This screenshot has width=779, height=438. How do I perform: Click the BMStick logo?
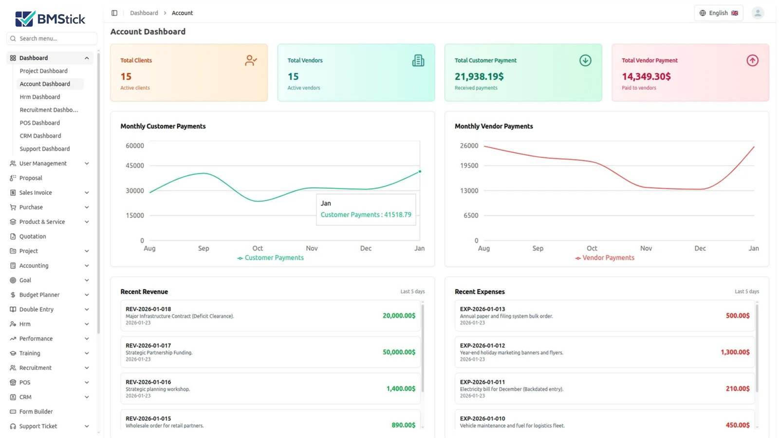50,19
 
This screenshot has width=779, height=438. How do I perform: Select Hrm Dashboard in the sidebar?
40,97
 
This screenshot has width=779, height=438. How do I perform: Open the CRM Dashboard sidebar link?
40,136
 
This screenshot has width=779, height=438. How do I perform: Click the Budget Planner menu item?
39,295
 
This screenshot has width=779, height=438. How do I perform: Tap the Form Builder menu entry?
36,412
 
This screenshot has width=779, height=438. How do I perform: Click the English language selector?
718,13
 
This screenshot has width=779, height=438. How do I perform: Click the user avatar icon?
757,13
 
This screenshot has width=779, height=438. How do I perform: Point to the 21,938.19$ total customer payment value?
479,76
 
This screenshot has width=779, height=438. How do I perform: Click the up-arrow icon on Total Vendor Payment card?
752,60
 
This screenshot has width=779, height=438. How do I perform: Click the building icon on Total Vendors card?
418,60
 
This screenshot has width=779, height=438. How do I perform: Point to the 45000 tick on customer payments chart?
135,165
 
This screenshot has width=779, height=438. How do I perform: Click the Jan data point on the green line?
420,171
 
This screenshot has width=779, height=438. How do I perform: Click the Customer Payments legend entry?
271,258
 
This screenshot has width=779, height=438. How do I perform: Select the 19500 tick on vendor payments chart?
469,165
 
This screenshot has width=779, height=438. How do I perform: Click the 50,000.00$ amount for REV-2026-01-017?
399,352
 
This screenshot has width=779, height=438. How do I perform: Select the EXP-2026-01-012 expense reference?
482,346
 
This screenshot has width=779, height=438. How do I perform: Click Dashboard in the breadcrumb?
144,13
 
